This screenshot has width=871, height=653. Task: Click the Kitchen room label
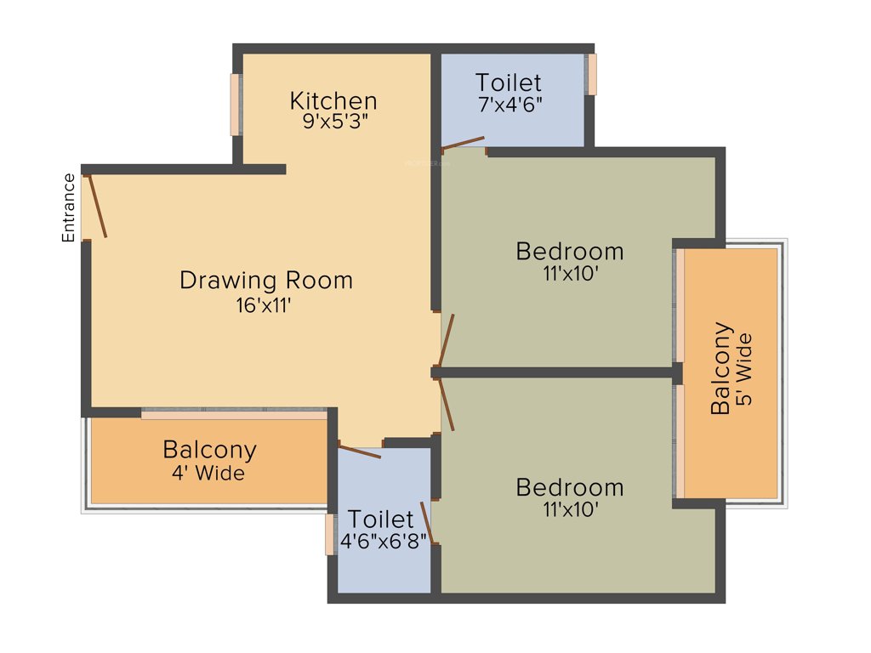(333, 100)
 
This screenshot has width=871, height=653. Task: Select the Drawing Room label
(265, 280)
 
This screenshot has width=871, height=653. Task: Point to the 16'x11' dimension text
(265, 304)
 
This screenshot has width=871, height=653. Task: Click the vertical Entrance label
(69, 207)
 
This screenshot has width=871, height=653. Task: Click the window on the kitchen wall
(235, 105)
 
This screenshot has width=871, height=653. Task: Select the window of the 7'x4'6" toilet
(592, 75)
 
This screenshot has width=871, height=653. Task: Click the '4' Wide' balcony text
(208, 474)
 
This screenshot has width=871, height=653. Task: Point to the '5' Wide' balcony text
(744, 369)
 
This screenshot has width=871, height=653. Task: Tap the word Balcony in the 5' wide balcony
(720, 369)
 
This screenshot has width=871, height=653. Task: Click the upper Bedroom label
(570, 252)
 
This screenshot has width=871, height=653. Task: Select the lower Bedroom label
(570, 487)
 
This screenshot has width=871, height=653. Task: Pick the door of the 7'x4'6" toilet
(464, 142)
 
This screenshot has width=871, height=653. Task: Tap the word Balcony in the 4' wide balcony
(209, 449)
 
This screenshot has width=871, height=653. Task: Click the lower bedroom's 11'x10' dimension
(570, 510)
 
